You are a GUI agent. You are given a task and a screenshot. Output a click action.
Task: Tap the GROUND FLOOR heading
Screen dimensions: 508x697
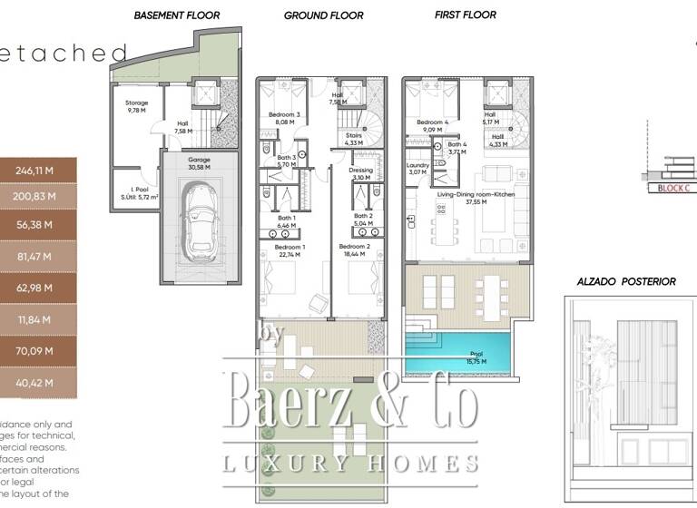click(323, 15)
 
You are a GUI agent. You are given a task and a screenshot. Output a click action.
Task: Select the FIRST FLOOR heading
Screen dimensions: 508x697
click(465, 15)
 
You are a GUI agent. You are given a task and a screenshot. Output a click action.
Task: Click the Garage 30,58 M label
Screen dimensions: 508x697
click(199, 163)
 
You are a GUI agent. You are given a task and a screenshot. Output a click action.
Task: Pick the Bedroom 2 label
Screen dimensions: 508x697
click(354, 251)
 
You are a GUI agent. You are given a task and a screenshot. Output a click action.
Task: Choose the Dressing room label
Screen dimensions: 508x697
click(360, 173)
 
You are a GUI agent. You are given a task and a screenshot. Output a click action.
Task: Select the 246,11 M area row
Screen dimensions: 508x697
click(36, 169)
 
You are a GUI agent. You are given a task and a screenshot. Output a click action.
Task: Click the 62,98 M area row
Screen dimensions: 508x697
click(36, 288)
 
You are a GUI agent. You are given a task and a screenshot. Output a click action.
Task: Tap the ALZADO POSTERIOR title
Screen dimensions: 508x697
click(626, 281)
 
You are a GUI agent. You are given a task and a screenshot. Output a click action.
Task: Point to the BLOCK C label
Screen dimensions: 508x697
click(672, 188)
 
